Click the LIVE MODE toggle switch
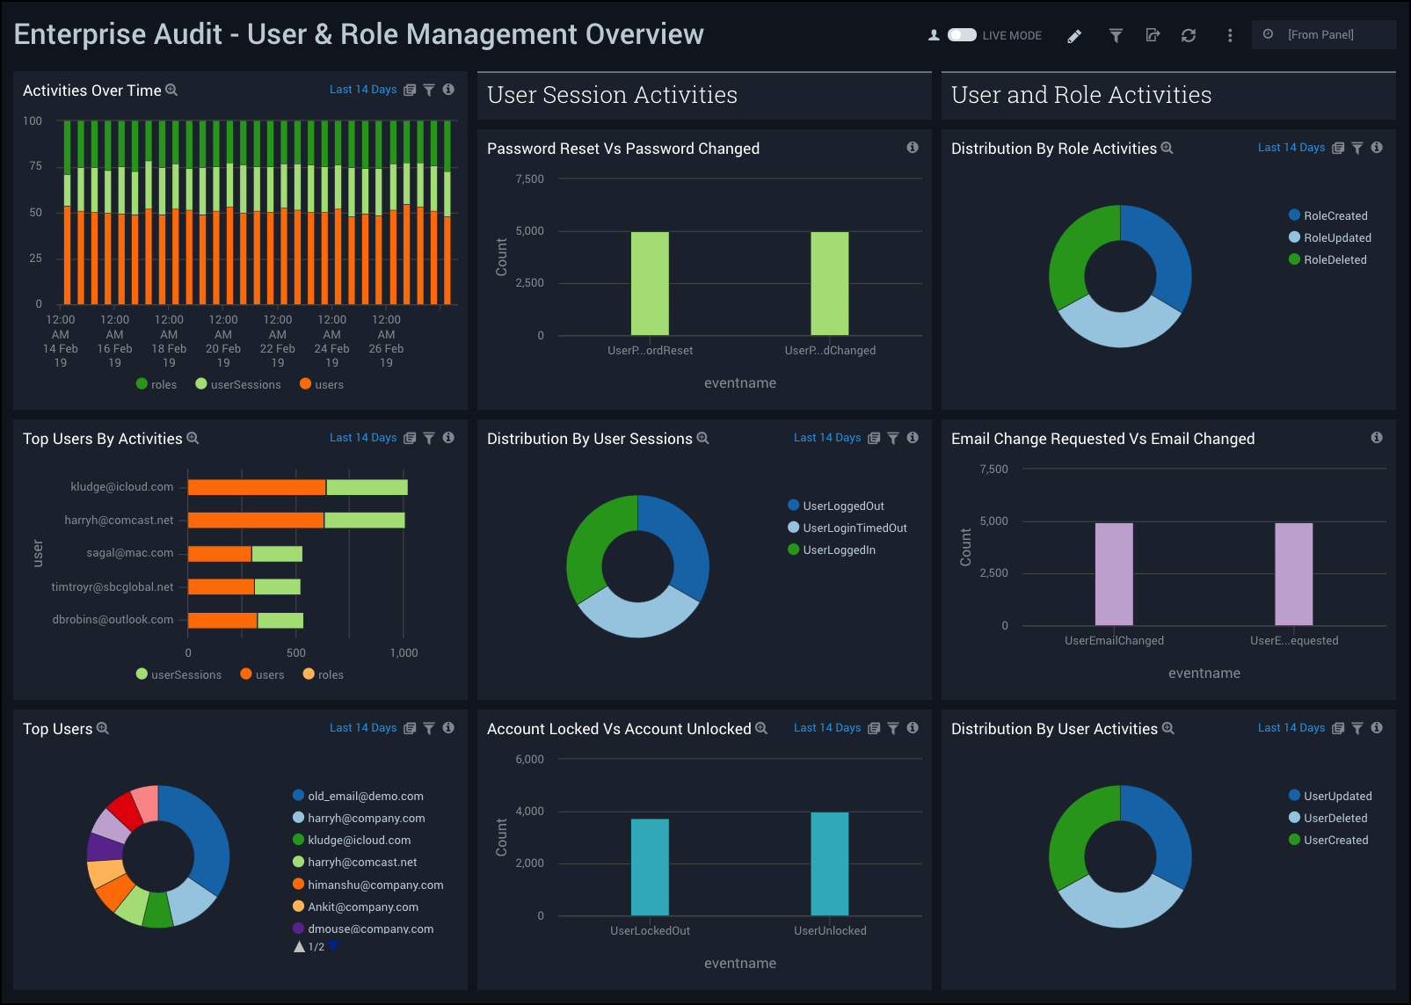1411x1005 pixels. click(962, 35)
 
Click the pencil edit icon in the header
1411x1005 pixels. click(1074, 36)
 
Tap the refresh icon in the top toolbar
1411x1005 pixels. click(1189, 35)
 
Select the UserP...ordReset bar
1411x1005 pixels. click(650, 283)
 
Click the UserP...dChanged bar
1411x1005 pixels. click(829, 283)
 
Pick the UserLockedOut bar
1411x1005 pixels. click(650, 867)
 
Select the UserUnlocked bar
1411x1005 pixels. click(829, 863)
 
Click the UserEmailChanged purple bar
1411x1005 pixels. click(1114, 573)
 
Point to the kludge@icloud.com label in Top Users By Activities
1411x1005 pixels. click(122, 486)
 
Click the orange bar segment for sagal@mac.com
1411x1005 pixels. click(220, 553)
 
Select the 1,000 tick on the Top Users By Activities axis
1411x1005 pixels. click(404, 652)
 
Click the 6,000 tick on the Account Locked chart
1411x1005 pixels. click(529, 759)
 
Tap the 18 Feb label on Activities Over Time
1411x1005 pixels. click(169, 348)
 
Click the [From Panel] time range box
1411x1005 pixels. click(1321, 35)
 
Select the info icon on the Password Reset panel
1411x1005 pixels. click(913, 148)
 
